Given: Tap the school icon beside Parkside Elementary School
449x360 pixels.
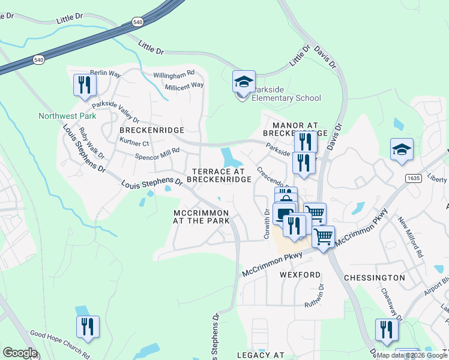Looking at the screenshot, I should click(244, 82).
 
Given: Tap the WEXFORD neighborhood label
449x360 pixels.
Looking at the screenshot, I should click(300, 275).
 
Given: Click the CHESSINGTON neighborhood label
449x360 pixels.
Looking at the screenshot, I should click(376, 278).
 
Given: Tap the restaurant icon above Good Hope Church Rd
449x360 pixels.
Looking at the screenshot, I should click(88, 327).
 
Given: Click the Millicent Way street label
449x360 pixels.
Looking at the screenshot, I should click(185, 85).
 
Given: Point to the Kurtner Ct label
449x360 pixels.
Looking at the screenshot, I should click(134, 143).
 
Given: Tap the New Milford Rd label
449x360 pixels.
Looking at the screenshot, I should click(410, 237).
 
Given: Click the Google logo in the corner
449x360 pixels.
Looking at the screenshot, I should click(20, 352).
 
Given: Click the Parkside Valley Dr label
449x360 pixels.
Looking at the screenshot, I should click(115, 112).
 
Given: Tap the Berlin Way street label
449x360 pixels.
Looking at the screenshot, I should click(106, 73).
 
